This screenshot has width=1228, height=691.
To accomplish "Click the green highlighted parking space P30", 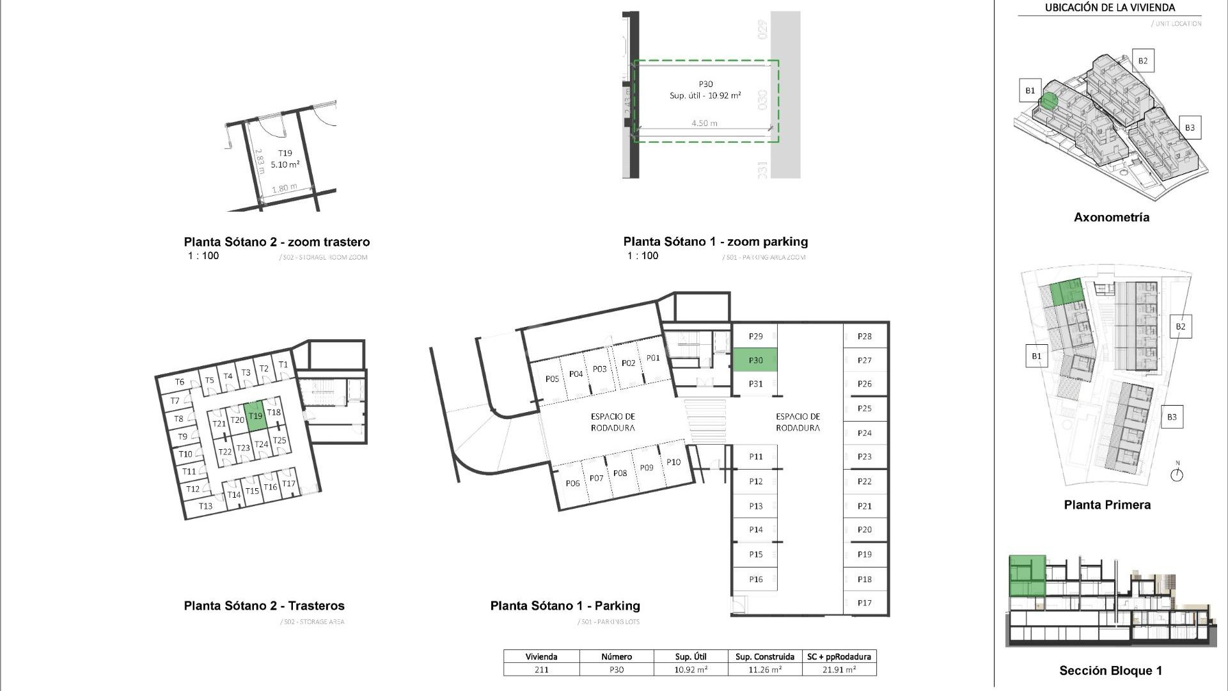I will click(755, 360).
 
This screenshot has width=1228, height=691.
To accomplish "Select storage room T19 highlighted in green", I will click(255, 416).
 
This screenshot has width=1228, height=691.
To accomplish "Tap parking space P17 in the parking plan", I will click(865, 603).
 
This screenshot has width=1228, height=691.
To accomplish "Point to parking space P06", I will click(572, 483).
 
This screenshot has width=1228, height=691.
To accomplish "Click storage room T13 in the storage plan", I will click(205, 506).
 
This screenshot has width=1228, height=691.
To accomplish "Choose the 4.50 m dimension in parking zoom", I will click(704, 123).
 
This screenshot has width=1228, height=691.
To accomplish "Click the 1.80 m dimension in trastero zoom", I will click(284, 188).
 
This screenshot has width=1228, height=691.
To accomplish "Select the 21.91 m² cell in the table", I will click(838, 670).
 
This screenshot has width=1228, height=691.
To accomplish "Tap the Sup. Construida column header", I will click(764, 656).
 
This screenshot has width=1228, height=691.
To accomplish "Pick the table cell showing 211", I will click(541, 670).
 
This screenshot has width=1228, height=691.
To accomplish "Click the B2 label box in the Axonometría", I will click(1143, 61).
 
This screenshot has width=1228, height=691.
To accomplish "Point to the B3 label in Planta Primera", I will click(1171, 417).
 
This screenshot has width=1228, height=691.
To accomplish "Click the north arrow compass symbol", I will click(1177, 475).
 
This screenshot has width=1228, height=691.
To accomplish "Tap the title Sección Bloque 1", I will click(1110, 671).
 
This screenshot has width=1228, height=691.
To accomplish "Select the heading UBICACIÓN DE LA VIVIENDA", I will click(1110, 8).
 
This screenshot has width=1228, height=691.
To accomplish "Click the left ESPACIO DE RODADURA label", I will click(612, 422).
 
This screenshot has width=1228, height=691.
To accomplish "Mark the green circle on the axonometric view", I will click(1048, 100).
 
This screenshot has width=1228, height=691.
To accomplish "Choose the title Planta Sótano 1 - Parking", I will click(565, 606).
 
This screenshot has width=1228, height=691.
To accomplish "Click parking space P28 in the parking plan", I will click(865, 336).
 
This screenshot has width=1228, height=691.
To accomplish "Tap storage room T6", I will click(180, 382).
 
